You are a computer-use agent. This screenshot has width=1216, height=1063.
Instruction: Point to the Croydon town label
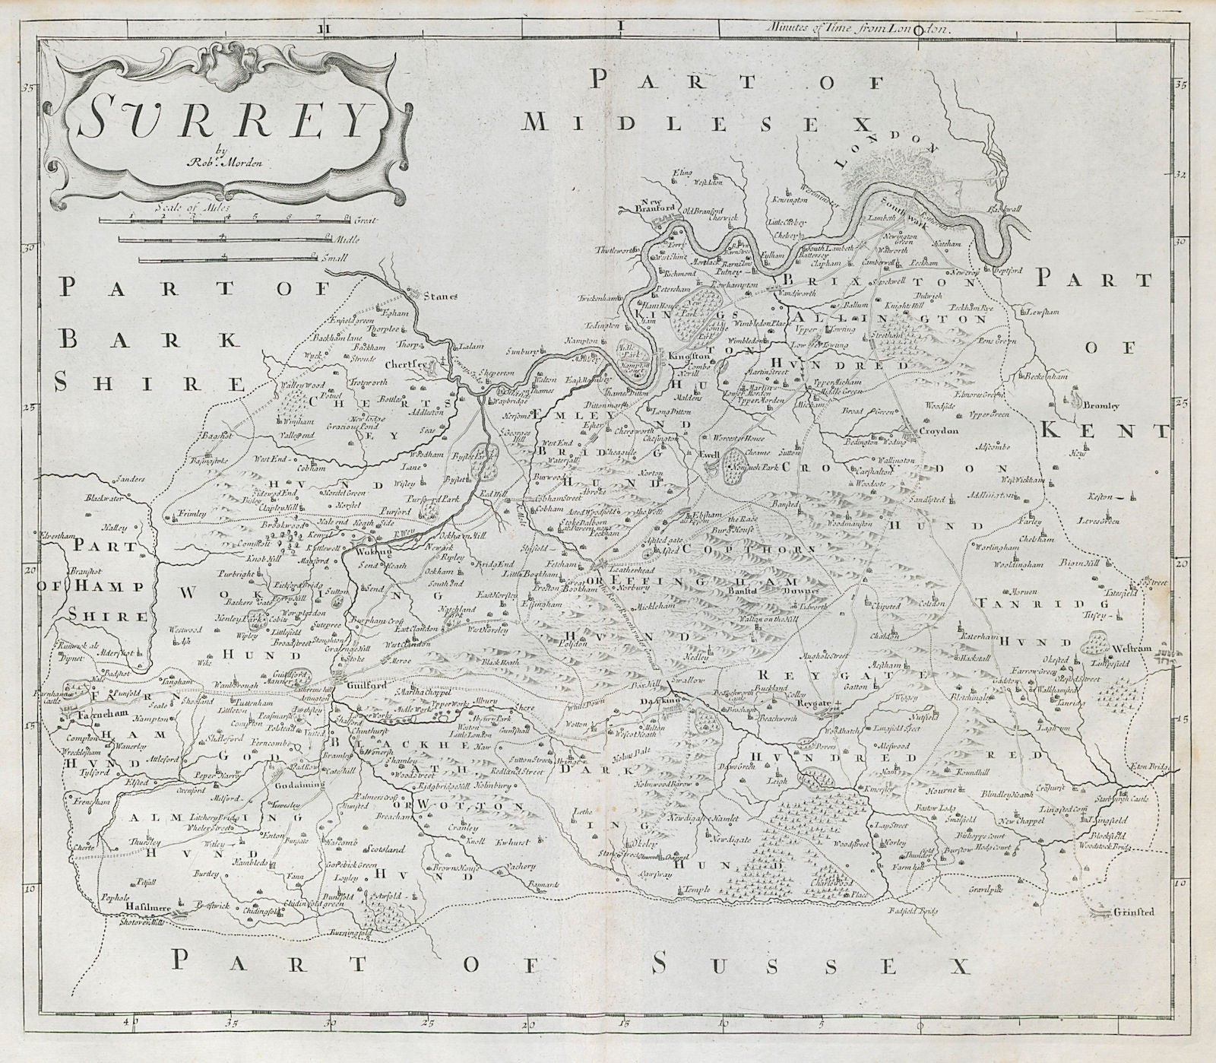point(938,430)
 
